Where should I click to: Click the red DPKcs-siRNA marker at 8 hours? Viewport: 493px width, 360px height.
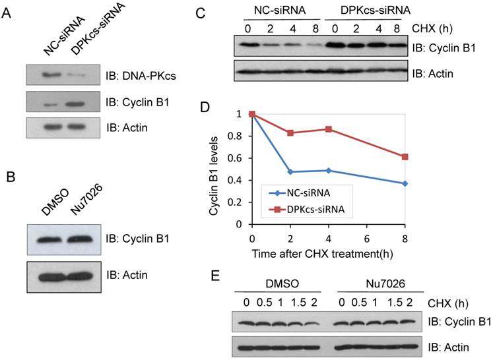pyautogui.click(x=405, y=157)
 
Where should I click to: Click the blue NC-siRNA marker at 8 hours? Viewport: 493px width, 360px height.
pyautogui.click(x=405, y=183)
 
